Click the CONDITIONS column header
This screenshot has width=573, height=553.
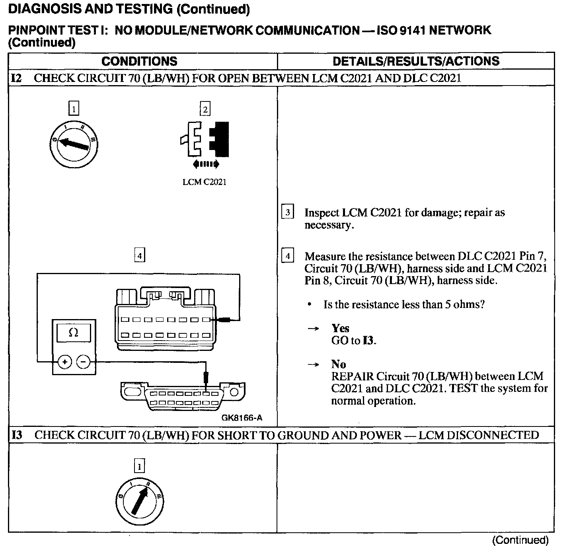(x=139, y=61)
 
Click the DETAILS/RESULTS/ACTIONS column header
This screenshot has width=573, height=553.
(x=416, y=61)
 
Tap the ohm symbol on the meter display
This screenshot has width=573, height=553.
(x=74, y=332)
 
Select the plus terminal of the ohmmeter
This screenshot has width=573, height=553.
(x=65, y=362)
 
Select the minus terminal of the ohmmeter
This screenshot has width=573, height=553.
(x=83, y=362)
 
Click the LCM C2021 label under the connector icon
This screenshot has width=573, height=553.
(x=204, y=182)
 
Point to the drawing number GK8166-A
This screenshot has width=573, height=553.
(x=242, y=418)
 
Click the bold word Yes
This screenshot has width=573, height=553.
(x=340, y=328)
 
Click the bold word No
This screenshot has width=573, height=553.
(x=338, y=364)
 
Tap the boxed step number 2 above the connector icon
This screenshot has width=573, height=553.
(x=205, y=109)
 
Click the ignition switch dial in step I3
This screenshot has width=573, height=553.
(x=139, y=500)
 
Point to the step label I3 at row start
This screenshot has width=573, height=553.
(x=17, y=435)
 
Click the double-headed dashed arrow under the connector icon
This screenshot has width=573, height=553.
(x=205, y=164)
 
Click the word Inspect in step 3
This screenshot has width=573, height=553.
(x=322, y=212)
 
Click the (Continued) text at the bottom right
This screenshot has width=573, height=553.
(x=520, y=540)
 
